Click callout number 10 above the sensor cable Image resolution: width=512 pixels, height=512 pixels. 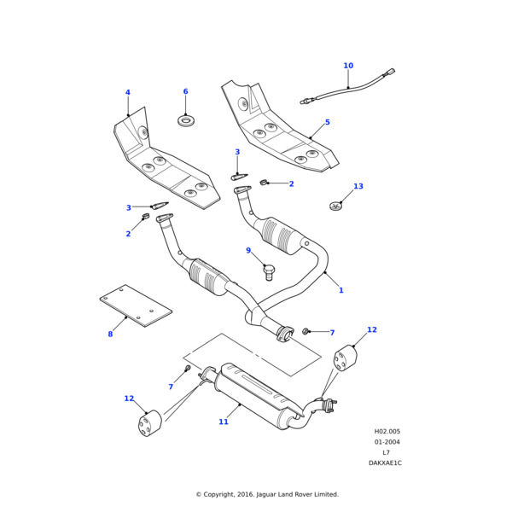pyautogui.click(x=348, y=66)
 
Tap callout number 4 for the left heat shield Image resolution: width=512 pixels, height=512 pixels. pyautogui.click(x=128, y=93)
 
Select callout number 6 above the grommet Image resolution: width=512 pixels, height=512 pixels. pyautogui.click(x=185, y=91)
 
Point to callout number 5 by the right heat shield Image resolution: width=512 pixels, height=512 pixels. pyautogui.click(x=327, y=122)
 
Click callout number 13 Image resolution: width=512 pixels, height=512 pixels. pyautogui.click(x=358, y=186)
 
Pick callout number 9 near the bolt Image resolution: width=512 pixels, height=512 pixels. pyautogui.click(x=248, y=251)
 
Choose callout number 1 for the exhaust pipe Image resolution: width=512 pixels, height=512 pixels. pyautogui.click(x=340, y=290)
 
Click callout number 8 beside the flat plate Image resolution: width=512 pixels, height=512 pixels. pyautogui.click(x=110, y=334)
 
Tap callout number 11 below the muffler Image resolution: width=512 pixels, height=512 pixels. pyautogui.click(x=224, y=422)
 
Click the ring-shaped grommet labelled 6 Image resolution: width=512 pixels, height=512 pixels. pyautogui.click(x=186, y=120)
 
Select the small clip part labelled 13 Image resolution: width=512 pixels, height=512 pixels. pyautogui.click(x=336, y=205)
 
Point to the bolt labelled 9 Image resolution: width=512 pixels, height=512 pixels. pyautogui.click(x=269, y=272)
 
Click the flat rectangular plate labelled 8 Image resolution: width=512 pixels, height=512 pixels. pyautogui.click(x=137, y=306)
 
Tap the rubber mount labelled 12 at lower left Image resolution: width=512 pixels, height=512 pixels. pyautogui.click(x=150, y=422)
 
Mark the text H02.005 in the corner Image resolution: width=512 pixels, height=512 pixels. pyautogui.click(x=387, y=431)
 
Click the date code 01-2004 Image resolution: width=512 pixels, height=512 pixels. pyautogui.click(x=387, y=442)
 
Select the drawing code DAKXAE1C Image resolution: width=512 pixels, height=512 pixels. pyautogui.click(x=385, y=463)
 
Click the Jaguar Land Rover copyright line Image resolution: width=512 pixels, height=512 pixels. pyautogui.click(x=267, y=494)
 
